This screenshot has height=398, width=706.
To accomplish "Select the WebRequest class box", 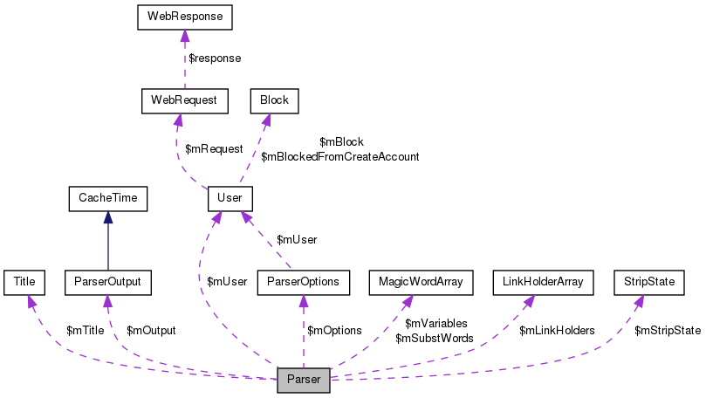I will click(x=184, y=100).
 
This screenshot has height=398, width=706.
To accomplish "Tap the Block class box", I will click(x=274, y=100).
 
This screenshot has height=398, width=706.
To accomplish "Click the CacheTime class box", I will click(x=108, y=199).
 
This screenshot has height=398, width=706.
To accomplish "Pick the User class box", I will click(x=230, y=199).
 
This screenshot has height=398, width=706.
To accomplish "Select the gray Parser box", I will click(x=303, y=381).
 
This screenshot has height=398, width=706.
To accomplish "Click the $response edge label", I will click(x=215, y=58).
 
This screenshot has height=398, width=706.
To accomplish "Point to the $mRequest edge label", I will click(x=214, y=149).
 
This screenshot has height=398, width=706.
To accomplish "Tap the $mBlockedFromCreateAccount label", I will click(x=340, y=157).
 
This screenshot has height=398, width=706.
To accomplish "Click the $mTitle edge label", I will click(x=86, y=331).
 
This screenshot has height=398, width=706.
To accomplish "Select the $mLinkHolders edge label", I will click(x=557, y=331).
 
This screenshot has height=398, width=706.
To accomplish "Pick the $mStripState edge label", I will click(x=668, y=331).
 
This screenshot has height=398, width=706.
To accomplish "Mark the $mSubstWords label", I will click(x=435, y=338).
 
